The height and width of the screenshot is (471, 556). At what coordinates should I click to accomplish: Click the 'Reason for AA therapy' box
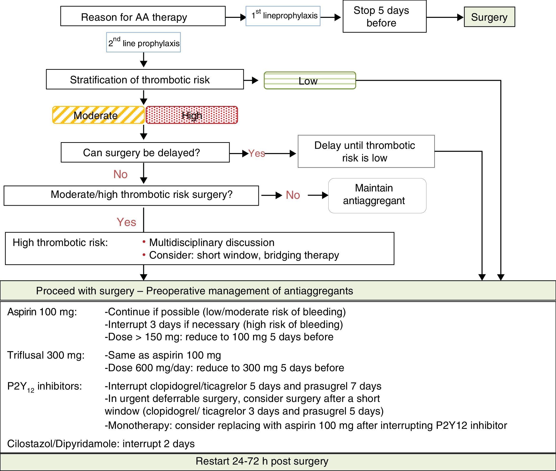[143, 16]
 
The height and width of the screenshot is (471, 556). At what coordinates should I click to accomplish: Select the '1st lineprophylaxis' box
[283, 16]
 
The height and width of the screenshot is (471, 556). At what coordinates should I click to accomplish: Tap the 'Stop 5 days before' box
[384, 17]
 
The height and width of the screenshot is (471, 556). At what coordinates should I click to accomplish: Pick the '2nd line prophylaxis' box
[143, 42]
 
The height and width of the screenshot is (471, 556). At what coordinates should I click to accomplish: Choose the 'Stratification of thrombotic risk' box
[145, 80]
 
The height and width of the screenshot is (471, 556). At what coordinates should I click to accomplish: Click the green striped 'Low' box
[310, 81]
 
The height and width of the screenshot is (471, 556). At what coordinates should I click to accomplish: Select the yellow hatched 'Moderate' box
[98, 115]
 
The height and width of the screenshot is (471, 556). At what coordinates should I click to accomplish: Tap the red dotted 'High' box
[192, 115]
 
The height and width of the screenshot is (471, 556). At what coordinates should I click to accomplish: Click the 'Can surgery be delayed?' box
[145, 152]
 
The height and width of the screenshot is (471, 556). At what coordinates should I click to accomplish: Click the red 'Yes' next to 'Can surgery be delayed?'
[256, 154]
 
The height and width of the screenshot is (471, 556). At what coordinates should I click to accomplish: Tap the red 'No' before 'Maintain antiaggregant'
[293, 195]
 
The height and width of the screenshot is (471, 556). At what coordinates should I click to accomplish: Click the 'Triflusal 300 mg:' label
[46, 355]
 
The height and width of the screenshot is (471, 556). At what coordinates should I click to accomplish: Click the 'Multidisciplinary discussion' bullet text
[212, 242]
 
